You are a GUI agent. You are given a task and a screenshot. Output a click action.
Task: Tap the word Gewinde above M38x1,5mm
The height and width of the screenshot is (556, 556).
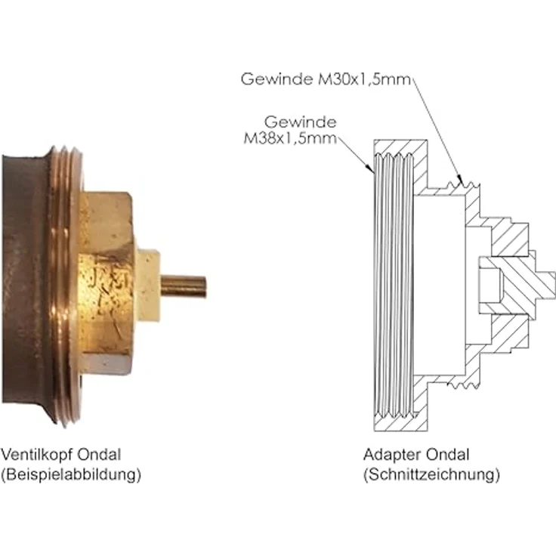299,122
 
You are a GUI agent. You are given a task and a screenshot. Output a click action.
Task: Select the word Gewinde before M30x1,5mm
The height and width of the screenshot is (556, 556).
276,79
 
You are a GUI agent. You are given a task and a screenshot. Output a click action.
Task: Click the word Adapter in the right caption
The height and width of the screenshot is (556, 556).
390,455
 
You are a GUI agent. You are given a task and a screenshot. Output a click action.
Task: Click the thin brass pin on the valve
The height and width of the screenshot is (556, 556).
184,286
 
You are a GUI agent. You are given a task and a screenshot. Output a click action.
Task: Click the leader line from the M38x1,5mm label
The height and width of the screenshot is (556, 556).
355,154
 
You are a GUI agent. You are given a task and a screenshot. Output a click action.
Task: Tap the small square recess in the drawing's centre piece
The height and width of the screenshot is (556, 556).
488,287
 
